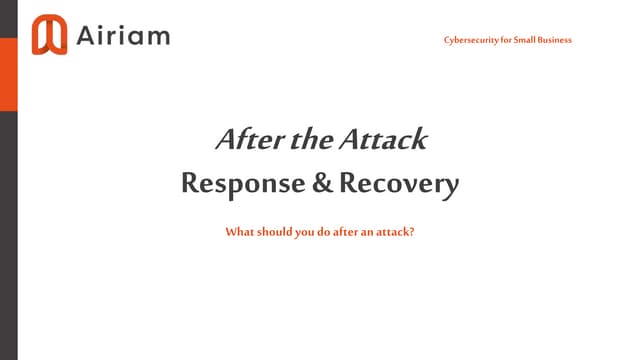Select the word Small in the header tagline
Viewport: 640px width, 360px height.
coord(520,40)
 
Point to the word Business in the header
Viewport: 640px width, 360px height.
coord(553,40)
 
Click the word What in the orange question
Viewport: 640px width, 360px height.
coord(239,232)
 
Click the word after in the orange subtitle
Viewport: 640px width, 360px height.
coord(344,232)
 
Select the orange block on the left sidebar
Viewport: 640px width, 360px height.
coord(9,74)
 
